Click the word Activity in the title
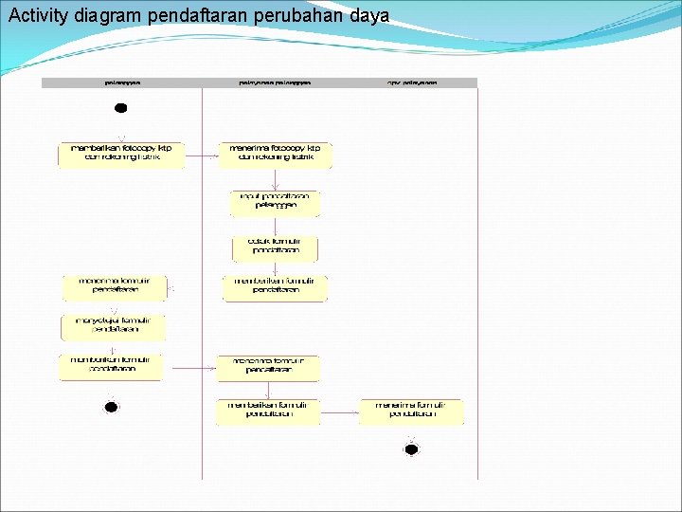point(37,15)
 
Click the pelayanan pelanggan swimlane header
point(275,82)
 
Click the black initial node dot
point(120,107)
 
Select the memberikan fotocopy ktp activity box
point(122,154)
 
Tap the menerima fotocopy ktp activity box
point(275,154)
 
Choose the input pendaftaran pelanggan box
point(275,202)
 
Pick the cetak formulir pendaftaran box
point(275,247)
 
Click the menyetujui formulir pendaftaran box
point(114,327)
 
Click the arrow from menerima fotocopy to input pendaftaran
point(275,179)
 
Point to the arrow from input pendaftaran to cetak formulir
point(275,226)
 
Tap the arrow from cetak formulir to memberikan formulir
point(275,268)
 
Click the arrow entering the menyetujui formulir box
point(114,308)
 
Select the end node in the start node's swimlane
point(111,408)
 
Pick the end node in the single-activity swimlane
point(411,449)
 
